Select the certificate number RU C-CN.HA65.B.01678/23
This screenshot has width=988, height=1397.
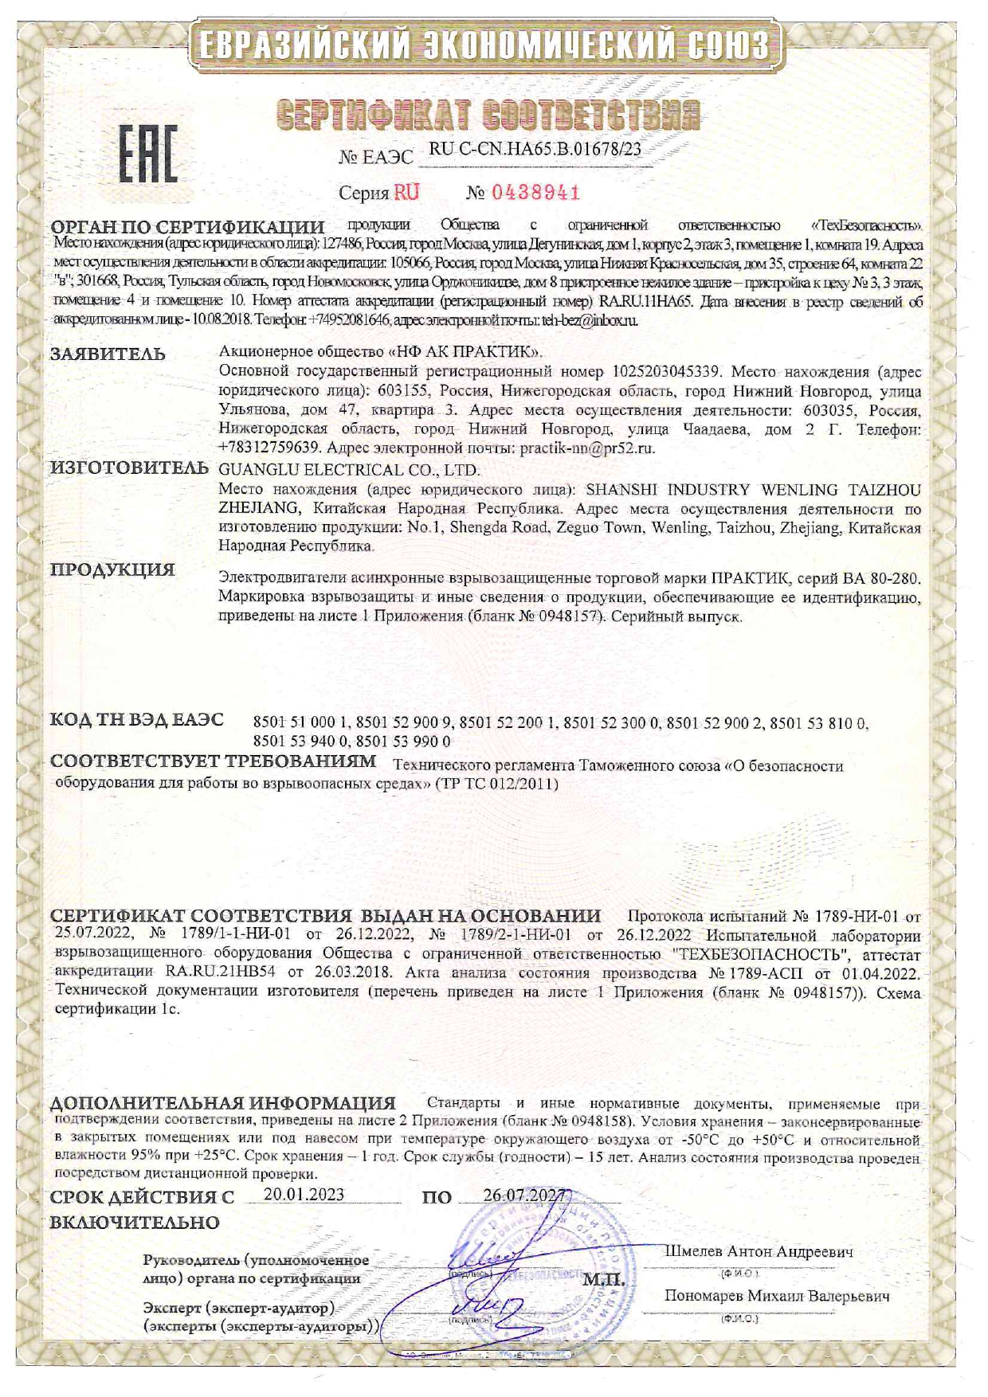coord(535,149)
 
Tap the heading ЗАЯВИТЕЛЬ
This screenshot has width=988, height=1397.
coord(108,354)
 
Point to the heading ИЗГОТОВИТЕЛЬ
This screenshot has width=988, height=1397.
coord(129,468)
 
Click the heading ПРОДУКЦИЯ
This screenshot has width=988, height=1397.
coord(112,569)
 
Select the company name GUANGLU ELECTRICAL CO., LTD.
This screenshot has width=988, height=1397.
coord(349,470)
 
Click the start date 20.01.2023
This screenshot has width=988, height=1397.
coord(304,1194)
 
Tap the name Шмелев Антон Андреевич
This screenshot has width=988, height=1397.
coord(759,1251)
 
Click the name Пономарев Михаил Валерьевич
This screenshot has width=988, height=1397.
coord(777,1296)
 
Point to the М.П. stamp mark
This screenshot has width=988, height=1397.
coord(603,1282)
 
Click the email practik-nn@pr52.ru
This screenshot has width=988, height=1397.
coord(587,448)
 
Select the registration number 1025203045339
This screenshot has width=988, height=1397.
coord(667,371)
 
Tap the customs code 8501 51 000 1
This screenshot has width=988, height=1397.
coord(301,723)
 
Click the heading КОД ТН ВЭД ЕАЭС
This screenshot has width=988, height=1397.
coord(137,720)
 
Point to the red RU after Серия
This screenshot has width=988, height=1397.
coord(406,192)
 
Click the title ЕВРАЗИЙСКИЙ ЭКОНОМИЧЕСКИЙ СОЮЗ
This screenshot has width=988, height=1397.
coord(484,45)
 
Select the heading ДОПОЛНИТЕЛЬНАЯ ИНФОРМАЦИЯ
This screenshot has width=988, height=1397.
coord(223,1104)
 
